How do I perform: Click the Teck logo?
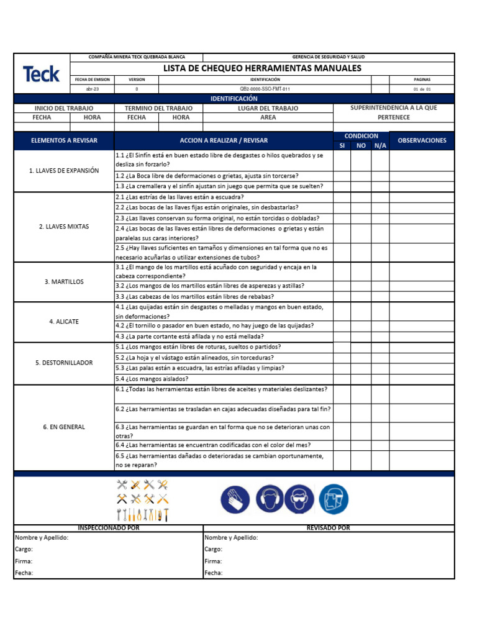pos(42,75)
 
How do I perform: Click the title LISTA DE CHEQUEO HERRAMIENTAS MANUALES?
pos(261,68)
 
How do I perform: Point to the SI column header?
pos(342,145)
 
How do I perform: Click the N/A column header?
pos(380,145)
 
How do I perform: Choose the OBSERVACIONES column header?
pos(422,140)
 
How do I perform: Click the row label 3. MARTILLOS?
pos(64,282)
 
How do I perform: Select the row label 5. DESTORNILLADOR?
pos(64,363)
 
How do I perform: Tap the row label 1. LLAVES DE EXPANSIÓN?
pos(64,170)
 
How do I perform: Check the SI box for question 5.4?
pos(342,379)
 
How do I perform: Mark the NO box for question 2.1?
pos(361,197)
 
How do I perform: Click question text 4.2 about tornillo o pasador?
pos(214,325)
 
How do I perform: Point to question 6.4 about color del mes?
pos(213,445)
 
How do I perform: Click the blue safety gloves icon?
pos(235,500)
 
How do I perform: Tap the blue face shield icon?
pos(334,500)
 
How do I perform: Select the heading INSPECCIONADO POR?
pos(108,528)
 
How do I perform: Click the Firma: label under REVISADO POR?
pos(213,561)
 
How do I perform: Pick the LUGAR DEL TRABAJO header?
pos(268,108)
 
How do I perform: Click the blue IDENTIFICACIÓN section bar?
pos(234,99)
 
